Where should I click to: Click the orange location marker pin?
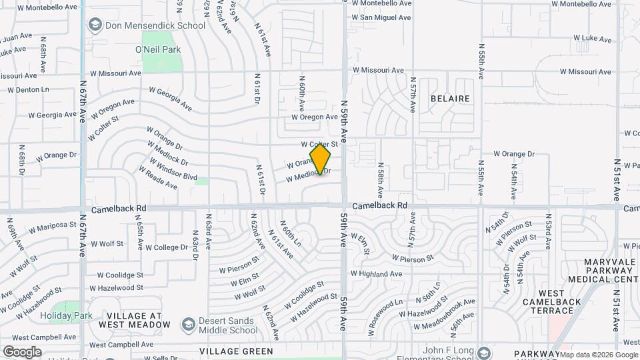pyautogui.click(x=321, y=159)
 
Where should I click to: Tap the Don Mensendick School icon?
pyautogui.click(x=94, y=25)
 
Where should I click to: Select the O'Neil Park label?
pyautogui.click(x=157, y=49)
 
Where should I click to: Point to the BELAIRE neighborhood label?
pyautogui.click(x=450, y=99)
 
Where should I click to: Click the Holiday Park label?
pyautogui.click(x=65, y=315)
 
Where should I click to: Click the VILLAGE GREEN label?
pyautogui.click(x=236, y=351)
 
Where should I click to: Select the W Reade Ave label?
pyautogui.click(x=158, y=178)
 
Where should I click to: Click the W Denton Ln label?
pyautogui.click(x=24, y=89)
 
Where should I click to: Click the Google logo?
pyautogui.click(x=22, y=351)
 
